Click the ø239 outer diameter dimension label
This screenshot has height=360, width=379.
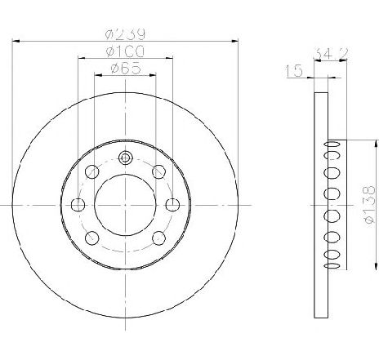pyautogui.click(x=125, y=33)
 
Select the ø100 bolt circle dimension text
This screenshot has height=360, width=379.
pyautogui.click(x=125, y=51)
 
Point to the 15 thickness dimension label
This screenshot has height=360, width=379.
pyautogui.click(x=294, y=71)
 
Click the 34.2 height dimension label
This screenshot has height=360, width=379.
pyautogui.click(x=330, y=54)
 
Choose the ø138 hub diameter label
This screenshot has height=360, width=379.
pyautogui.click(x=370, y=205)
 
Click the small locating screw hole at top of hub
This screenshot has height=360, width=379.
pyautogui.click(x=125, y=158)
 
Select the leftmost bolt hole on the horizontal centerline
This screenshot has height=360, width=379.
pyautogui.click(x=78, y=205)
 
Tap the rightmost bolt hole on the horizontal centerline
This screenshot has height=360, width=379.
pyautogui.click(x=172, y=205)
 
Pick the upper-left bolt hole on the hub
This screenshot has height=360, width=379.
pyautogui.click(x=92, y=171)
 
